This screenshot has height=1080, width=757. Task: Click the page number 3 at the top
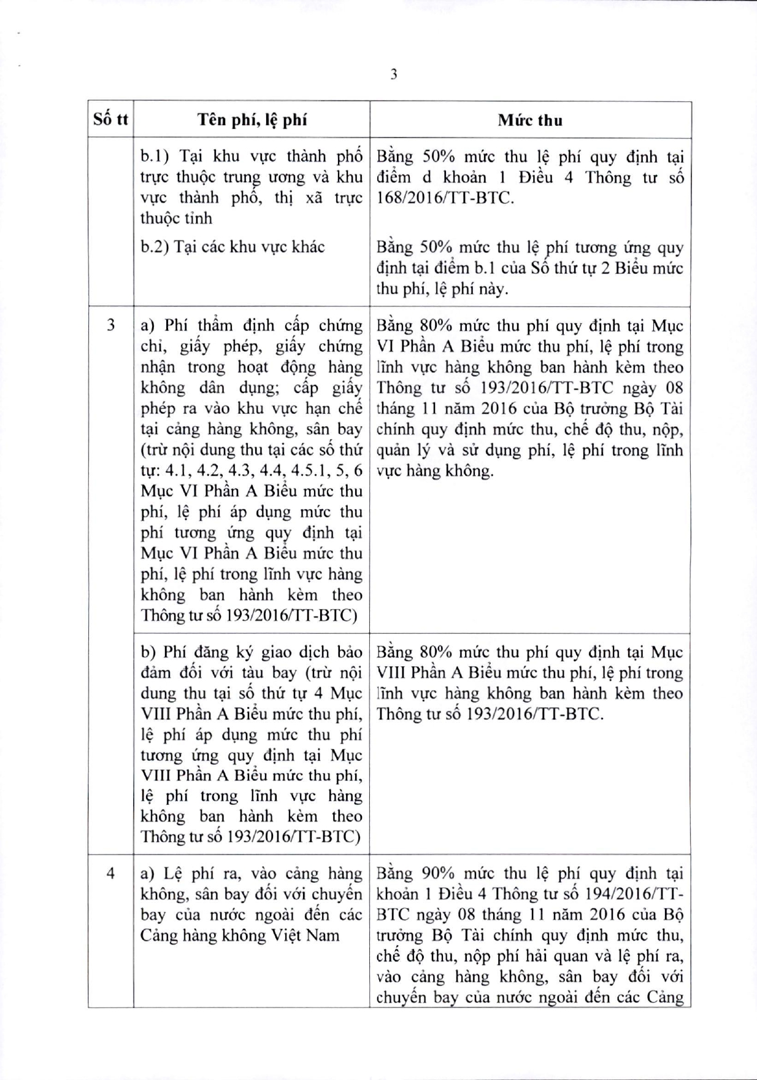coord(393,74)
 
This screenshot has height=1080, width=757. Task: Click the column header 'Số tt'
coord(110,119)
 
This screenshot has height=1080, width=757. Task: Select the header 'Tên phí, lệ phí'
coord(252,120)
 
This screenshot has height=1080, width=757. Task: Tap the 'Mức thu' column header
coord(530,120)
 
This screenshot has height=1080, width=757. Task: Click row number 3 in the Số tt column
coord(110,325)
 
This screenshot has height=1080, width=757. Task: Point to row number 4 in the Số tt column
coord(110,872)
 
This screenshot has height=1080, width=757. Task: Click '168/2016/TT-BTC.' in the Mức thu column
coord(444,198)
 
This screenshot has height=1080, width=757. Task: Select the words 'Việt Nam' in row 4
coord(311,935)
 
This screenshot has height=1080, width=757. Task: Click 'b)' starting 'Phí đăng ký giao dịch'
coord(148,652)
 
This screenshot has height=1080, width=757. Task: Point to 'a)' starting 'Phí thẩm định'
coord(148,326)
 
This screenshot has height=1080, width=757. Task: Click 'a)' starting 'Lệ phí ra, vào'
coord(148,873)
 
